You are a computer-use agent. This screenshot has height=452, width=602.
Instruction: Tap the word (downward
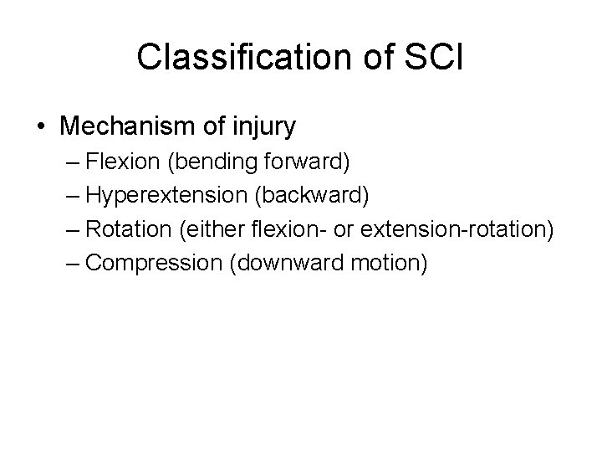point(278,264)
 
